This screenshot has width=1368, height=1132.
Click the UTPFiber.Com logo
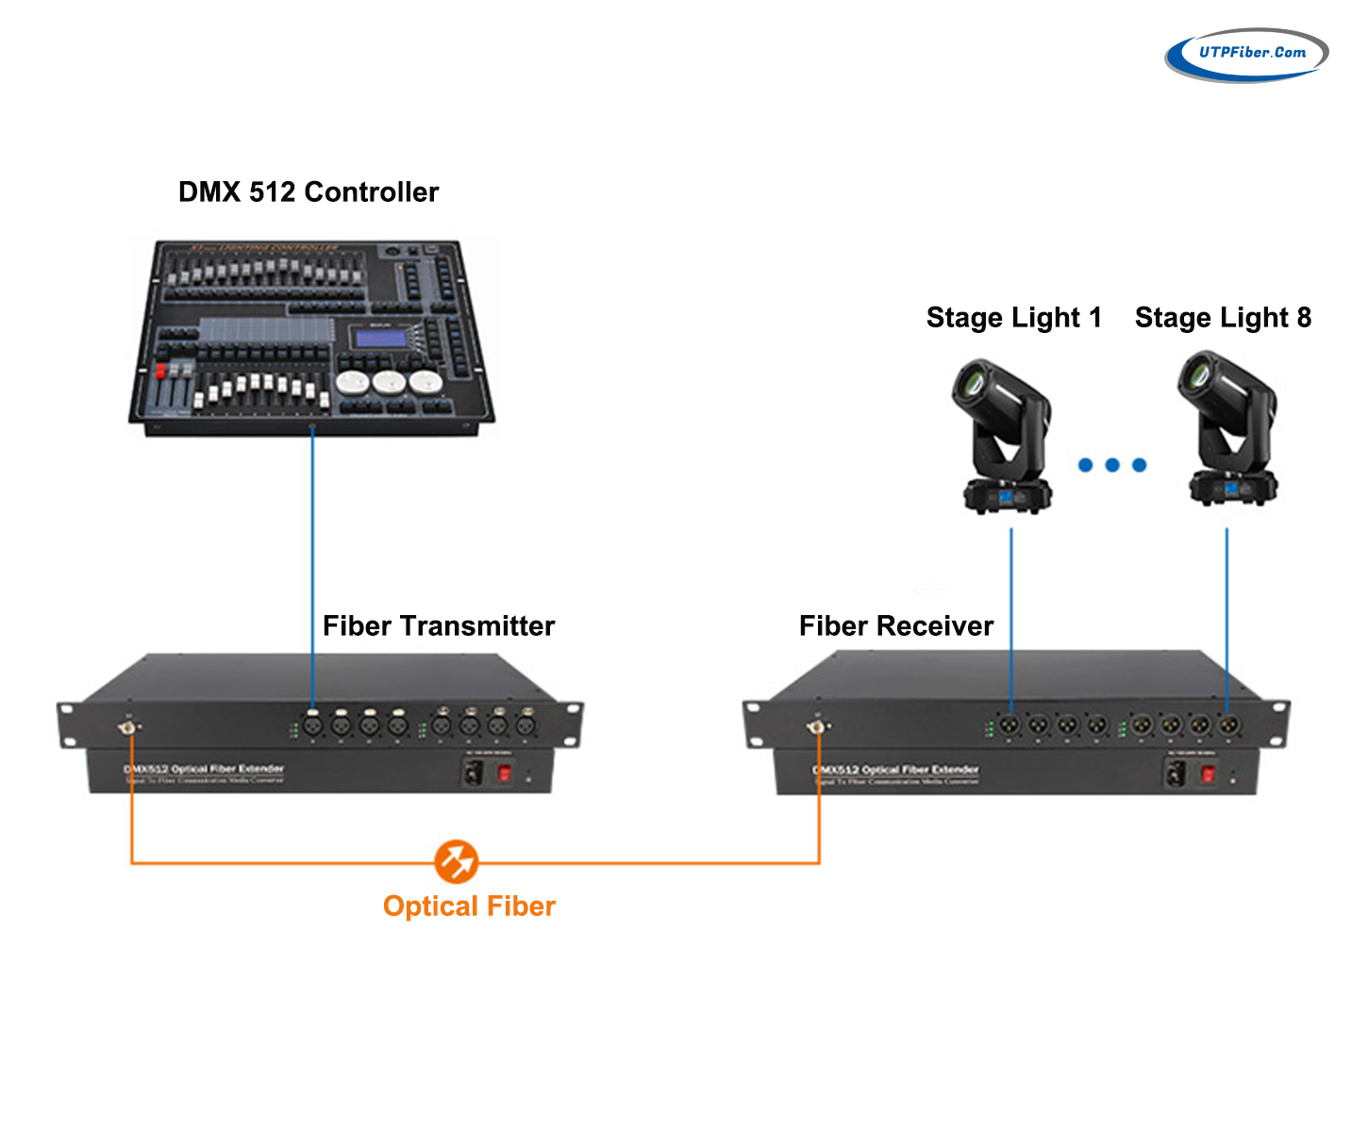(1246, 54)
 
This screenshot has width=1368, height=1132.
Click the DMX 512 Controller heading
(309, 192)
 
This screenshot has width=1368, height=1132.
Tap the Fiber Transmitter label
(439, 626)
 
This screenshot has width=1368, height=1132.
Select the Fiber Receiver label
(896, 626)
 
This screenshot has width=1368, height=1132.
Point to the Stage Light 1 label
(1013, 318)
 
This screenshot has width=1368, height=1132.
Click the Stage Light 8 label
(1223, 318)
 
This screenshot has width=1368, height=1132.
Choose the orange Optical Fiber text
(469, 907)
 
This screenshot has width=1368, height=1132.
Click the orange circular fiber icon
(457, 861)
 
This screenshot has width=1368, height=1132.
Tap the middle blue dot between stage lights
(1112, 465)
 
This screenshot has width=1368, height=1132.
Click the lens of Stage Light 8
(1196, 375)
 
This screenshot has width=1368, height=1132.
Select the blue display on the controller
(379, 338)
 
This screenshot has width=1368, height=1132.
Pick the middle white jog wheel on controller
(389, 382)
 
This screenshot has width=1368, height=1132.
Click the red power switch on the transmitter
(505, 774)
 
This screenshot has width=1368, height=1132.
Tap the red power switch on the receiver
(1208, 775)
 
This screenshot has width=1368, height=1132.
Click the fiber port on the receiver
(816, 726)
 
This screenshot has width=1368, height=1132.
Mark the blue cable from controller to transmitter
(312, 566)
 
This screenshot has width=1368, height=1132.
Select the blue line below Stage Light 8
(1226, 613)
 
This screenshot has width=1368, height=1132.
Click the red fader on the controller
(160, 371)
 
